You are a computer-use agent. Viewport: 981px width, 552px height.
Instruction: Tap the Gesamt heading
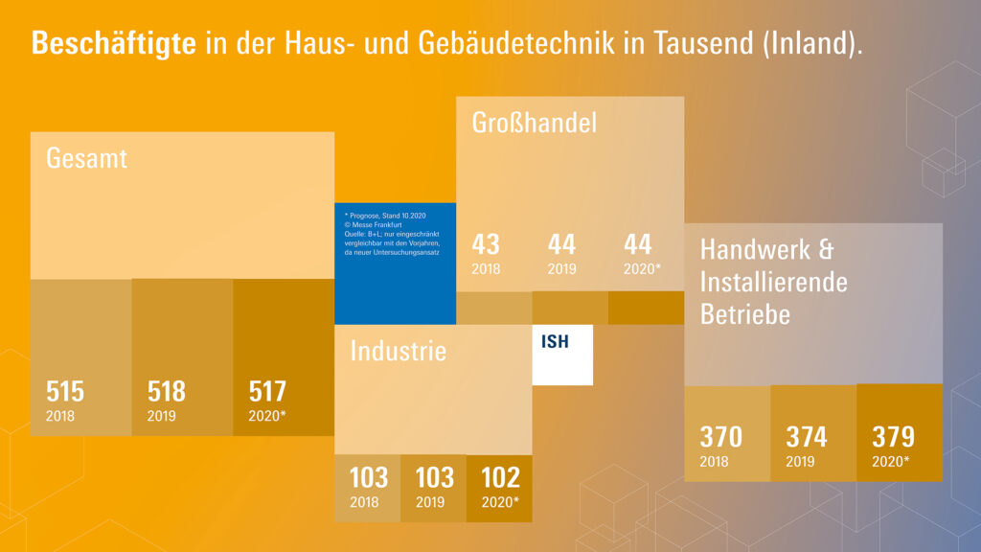point(86,158)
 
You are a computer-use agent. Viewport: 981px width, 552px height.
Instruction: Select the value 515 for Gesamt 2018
point(65,392)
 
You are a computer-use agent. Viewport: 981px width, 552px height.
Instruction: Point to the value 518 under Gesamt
point(167,392)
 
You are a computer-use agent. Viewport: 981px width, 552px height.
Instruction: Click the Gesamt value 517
point(267,392)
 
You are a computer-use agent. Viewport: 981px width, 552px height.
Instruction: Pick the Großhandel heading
point(535,123)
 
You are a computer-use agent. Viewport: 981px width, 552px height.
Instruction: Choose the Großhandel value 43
point(486,244)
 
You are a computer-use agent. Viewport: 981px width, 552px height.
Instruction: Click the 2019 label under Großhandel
point(561,269)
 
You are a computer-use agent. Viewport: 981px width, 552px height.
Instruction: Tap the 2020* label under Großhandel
point(643,269)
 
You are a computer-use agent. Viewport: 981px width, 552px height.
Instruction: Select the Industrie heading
point(398,351)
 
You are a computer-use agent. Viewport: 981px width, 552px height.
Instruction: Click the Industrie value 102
point(500,477)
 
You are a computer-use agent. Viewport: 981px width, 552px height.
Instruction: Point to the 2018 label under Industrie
point(364,502)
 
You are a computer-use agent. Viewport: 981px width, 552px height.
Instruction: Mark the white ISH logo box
point(562,355)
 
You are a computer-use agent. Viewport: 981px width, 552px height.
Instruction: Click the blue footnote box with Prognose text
point(395,263)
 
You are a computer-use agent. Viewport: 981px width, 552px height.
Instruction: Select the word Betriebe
point(745,313)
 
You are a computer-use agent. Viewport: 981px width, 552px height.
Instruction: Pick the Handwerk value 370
point(720,437)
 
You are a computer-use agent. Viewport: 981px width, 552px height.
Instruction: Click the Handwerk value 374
point(807,437)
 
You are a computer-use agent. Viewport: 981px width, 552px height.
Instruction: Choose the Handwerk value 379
point(893,437)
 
